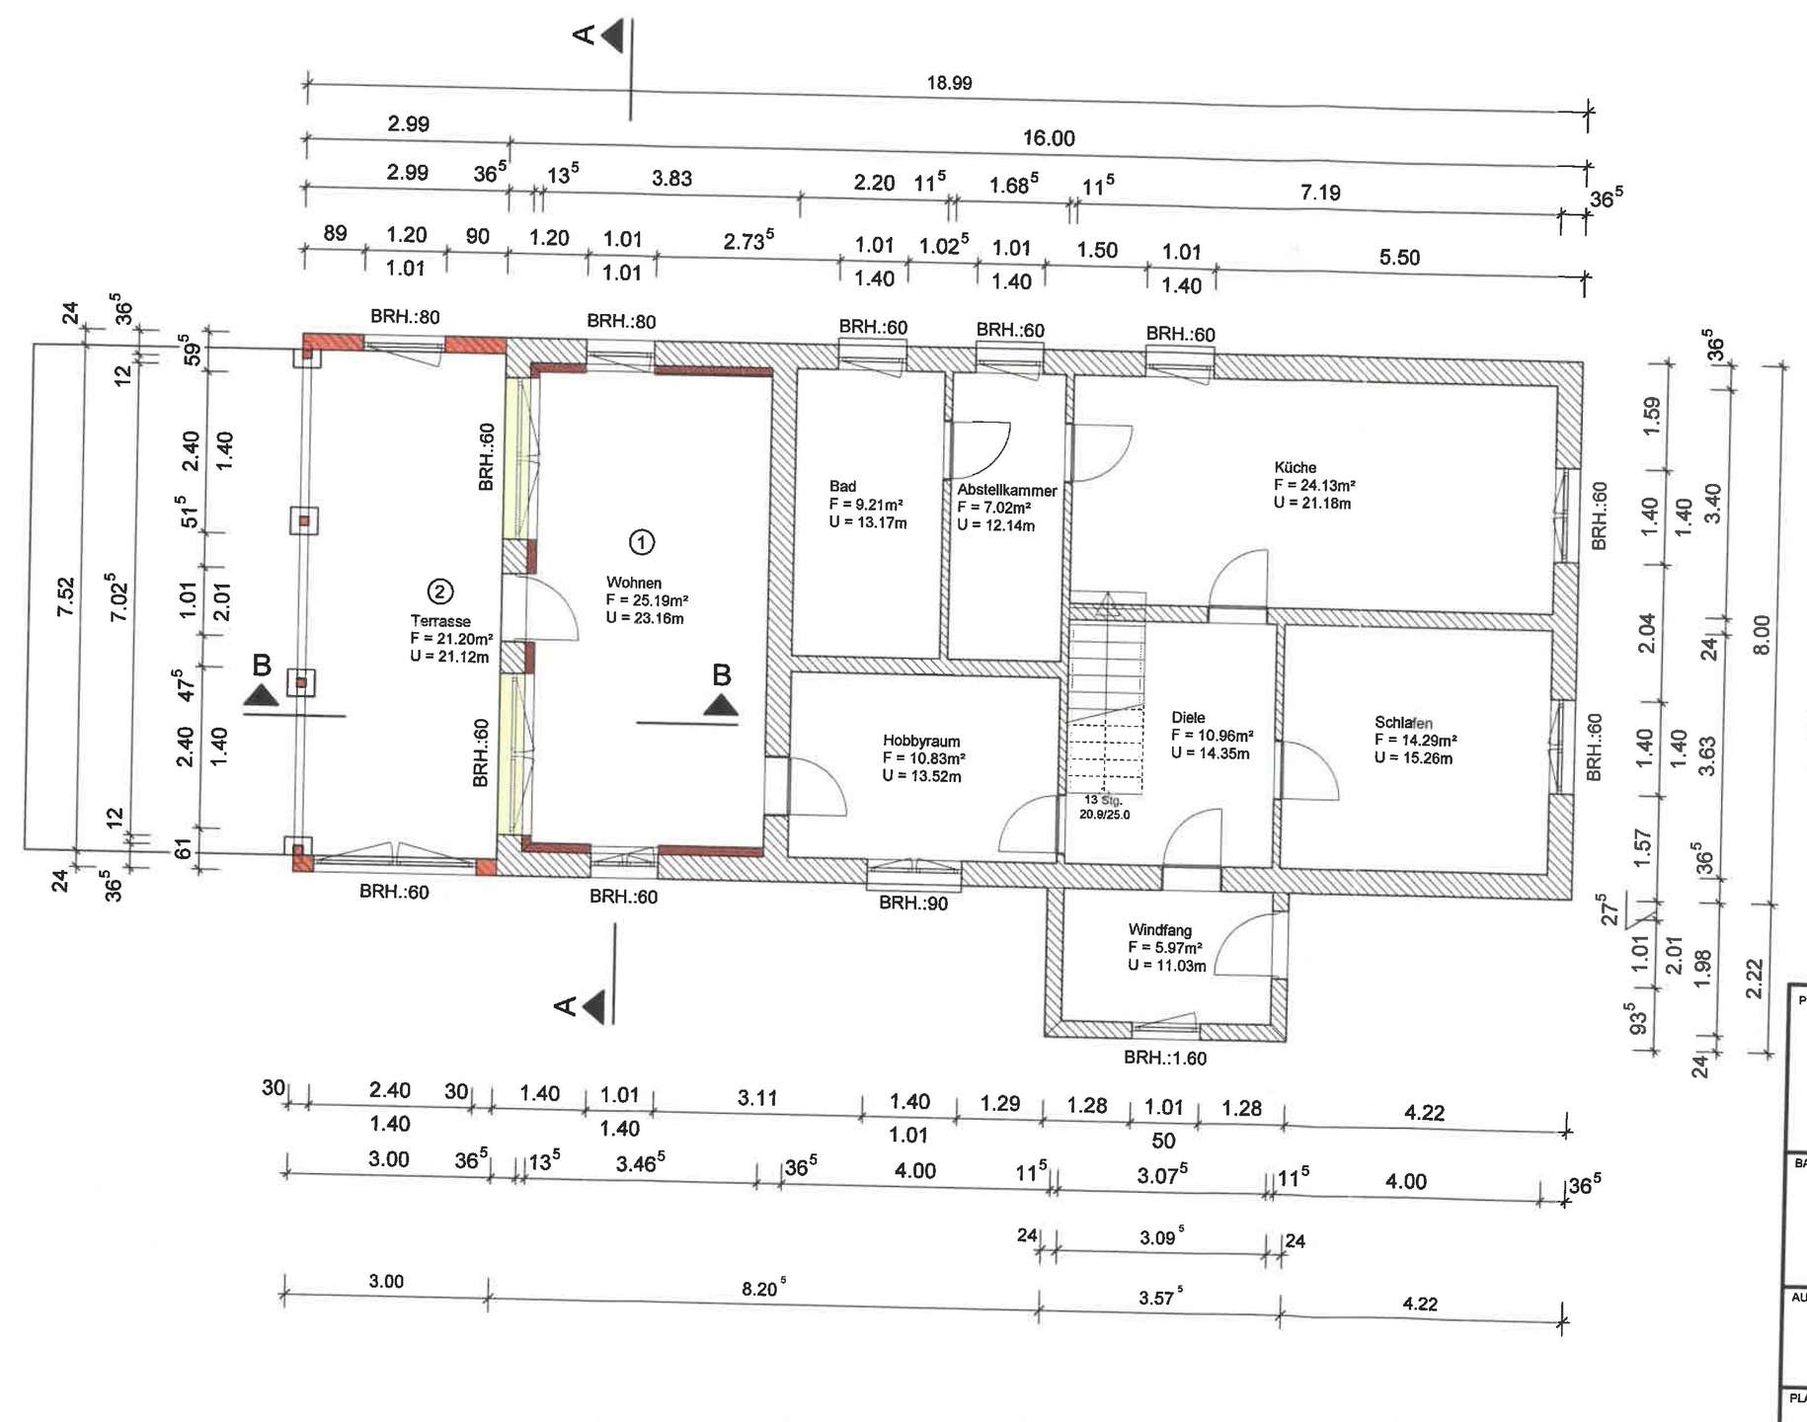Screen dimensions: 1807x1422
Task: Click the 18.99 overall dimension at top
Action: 949,83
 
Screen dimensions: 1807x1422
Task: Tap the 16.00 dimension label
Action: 1049,138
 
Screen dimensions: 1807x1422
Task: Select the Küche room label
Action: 1295,467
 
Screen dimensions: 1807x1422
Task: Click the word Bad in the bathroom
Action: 842,486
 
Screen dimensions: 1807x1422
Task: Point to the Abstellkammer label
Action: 1006,490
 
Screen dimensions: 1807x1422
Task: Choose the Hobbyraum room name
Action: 921,741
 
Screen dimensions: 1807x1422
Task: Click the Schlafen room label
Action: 1403,723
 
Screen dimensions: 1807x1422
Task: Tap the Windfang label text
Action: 1160,930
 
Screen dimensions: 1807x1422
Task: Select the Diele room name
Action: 1188,718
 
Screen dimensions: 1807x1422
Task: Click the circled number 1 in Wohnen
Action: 642,542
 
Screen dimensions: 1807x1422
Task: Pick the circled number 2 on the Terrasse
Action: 439,592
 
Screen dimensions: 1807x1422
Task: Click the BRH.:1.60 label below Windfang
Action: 1165,1058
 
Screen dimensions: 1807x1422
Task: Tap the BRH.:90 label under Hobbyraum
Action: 913,903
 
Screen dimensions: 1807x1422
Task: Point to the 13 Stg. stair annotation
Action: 1103,800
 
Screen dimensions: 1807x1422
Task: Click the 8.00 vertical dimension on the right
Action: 1763,634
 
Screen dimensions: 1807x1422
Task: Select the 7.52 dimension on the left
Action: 65,596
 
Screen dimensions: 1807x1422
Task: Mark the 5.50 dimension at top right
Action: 1399,258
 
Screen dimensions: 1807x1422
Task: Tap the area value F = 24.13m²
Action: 1314,485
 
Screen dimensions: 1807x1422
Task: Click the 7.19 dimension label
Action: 1320,193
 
